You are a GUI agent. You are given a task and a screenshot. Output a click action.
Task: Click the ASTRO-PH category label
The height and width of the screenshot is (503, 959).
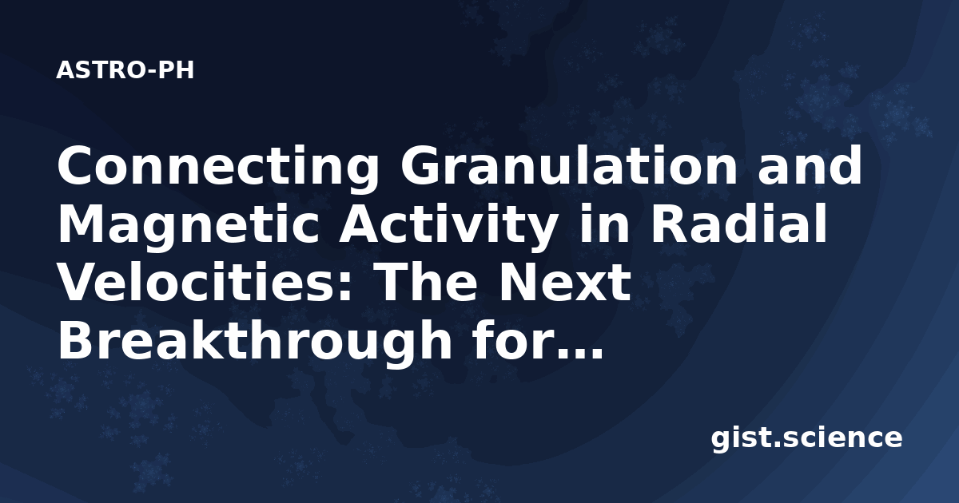click(x=125, y=70)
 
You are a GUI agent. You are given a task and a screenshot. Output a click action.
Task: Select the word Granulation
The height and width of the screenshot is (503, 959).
click(x=569, y=165)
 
